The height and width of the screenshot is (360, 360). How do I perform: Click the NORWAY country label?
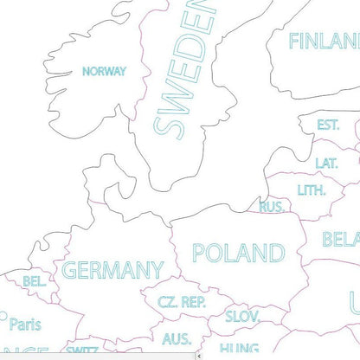[x=104, y=72]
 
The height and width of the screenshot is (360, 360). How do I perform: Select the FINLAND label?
[x=323, y=42]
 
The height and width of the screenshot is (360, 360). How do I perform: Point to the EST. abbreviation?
[x=328, y=125]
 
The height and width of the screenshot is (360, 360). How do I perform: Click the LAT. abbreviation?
[x=326, y=163]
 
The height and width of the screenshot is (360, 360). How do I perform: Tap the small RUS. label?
[x=273, y=207]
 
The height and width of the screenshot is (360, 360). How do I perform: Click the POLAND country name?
[x=238, y=253]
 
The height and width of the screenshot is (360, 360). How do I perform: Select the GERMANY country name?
[x=112, y=270]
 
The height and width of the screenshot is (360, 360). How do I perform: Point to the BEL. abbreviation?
[x=35, y=282]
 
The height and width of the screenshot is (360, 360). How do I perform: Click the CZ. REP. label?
[x=182, y=302]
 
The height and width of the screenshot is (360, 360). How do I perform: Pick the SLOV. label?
[x=243, y=316]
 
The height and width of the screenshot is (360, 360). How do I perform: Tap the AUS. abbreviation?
[x=177, y=338]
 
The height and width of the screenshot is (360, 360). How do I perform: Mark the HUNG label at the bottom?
[x=239, y=350]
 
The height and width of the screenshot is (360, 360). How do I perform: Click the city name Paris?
[x=25, y=325]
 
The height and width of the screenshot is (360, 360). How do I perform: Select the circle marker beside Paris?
[x=3, y=316]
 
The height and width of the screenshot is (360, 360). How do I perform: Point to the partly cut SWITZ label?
[x=81, y=350]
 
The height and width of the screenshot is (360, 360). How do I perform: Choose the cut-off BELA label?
[x=341, y=239]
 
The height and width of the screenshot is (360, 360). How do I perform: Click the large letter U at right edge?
[x=353, y=303]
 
